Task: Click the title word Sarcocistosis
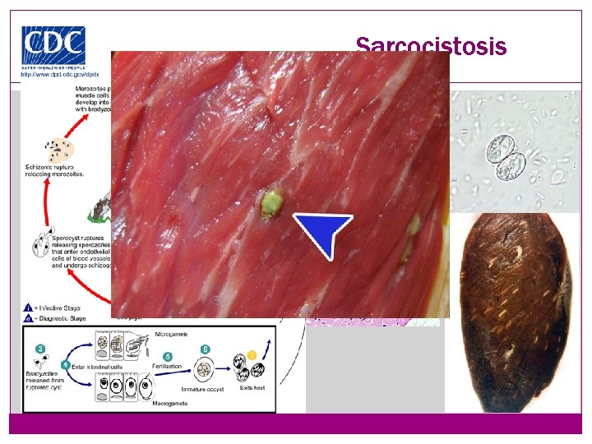(x=431, y=46)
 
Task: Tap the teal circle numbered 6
(x=206, y=349)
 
